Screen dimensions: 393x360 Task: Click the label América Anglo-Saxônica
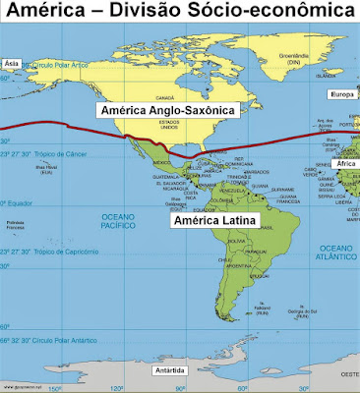coord(166,112)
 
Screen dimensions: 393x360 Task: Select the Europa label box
coord(341,96)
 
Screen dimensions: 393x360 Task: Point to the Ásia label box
coord(13,62)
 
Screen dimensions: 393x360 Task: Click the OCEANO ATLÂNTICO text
coord(333,252)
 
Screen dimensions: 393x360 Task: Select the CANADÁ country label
coord(165,98)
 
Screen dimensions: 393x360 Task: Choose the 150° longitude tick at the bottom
coord(55,388)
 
